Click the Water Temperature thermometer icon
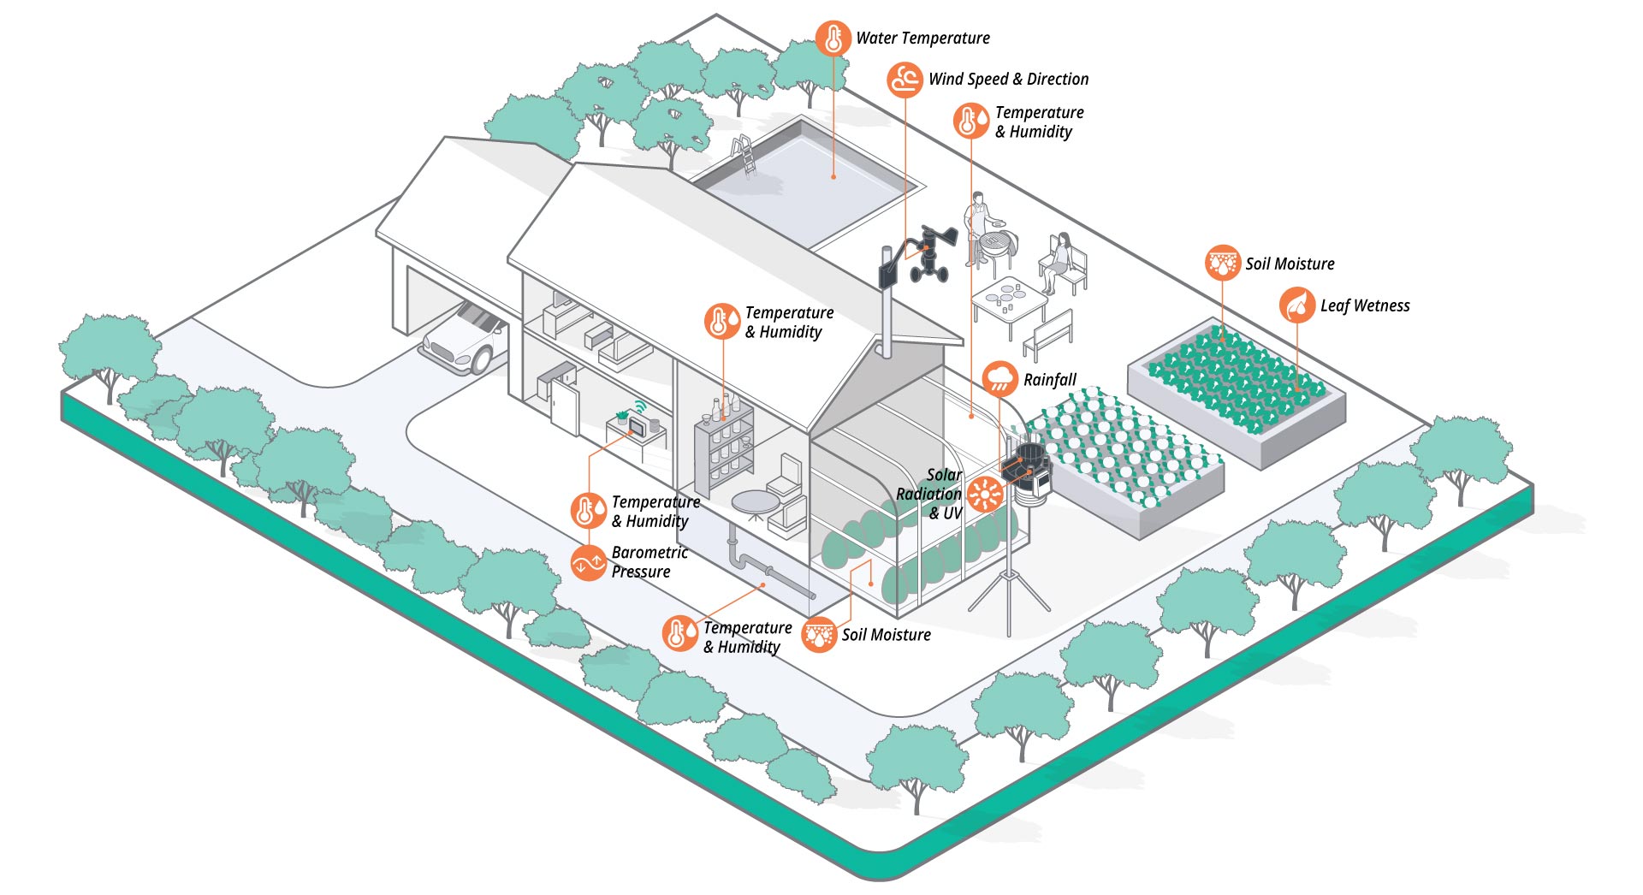(833, 39)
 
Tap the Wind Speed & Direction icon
(905, 80)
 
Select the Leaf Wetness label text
(1364, 305)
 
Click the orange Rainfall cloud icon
(999, 378)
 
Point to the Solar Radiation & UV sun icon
(985, 495)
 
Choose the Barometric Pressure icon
(589, 563)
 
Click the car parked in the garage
(465, 340)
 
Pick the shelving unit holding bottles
(724, 445)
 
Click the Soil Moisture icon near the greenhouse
(819, 634)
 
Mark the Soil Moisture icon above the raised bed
(1222, 263)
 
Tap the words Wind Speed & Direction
(1008, 80)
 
